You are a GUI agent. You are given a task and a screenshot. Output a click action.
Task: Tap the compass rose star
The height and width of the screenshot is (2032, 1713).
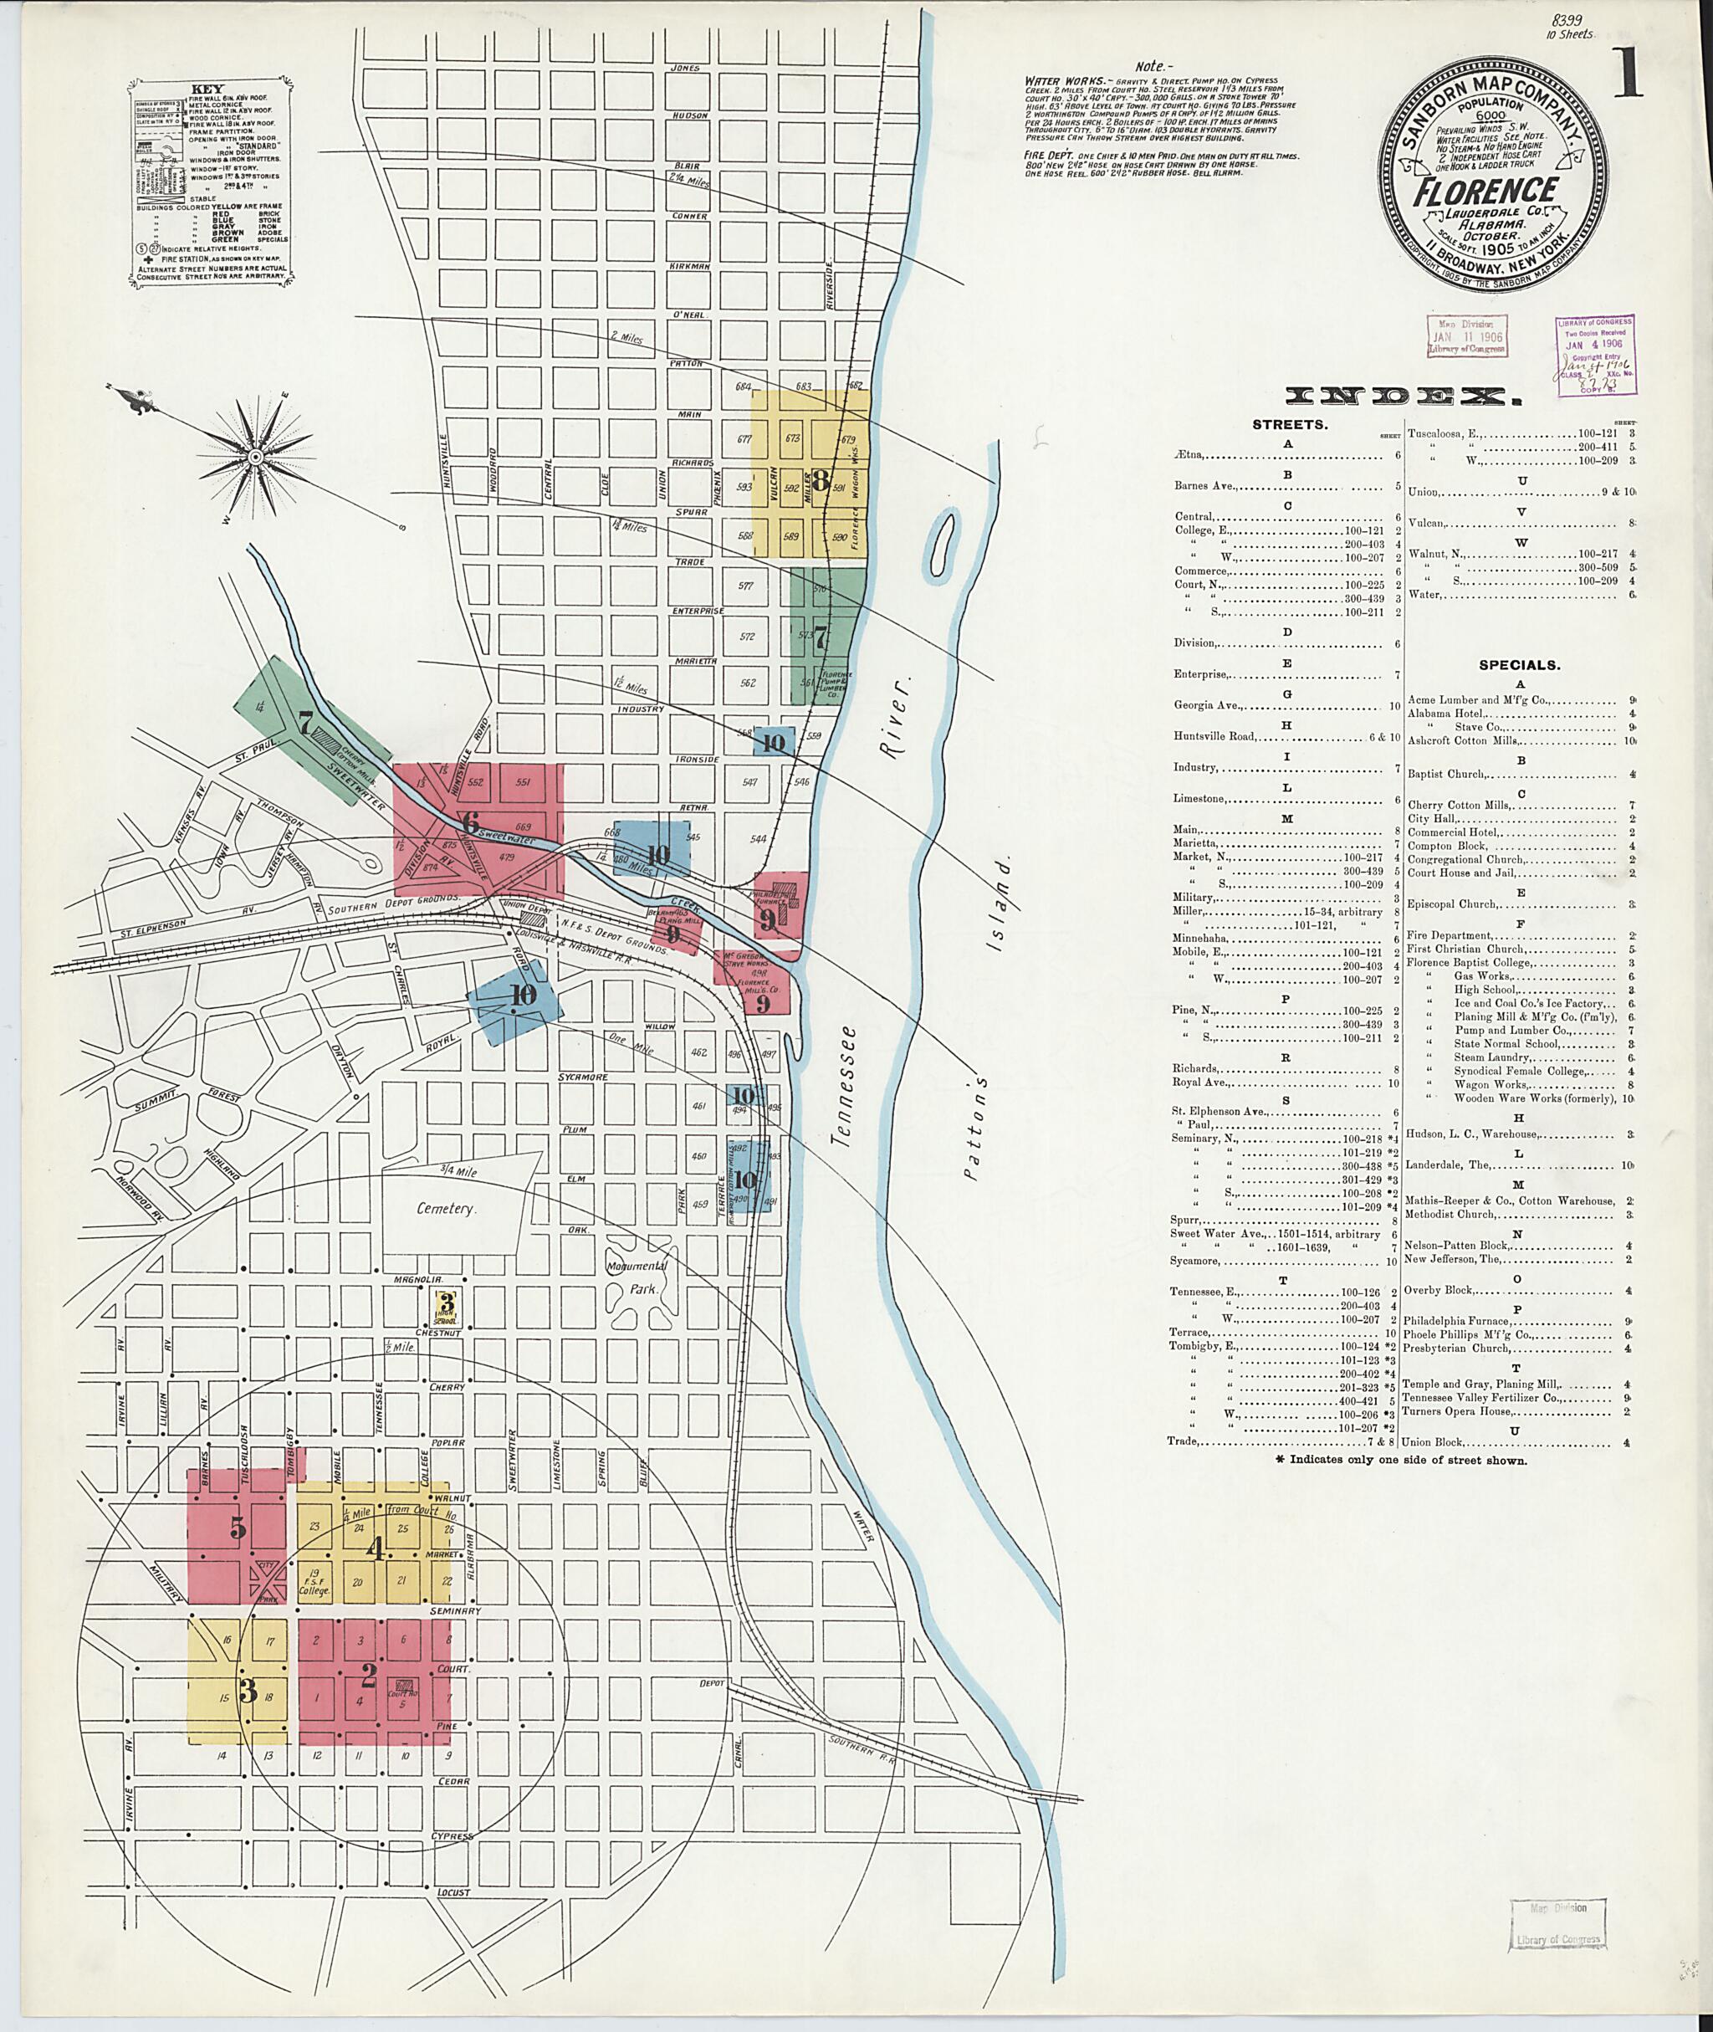click(x=254, y=456)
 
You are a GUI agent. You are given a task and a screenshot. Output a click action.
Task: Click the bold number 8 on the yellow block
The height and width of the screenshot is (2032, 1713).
click(x=821, y=479)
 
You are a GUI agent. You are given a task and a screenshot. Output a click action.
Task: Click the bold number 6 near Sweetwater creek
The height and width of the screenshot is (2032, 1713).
click(x=470, y=821)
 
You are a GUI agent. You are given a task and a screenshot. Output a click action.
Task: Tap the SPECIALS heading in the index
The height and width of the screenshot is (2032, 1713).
click(x=1519, y=665)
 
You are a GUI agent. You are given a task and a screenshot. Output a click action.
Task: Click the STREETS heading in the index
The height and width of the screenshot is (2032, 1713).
click(x=1291, y=424)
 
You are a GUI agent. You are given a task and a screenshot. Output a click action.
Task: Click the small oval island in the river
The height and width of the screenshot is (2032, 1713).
click(x=939, y=542)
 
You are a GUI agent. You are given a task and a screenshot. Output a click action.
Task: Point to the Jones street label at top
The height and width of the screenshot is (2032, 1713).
click(x=685, y=67)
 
